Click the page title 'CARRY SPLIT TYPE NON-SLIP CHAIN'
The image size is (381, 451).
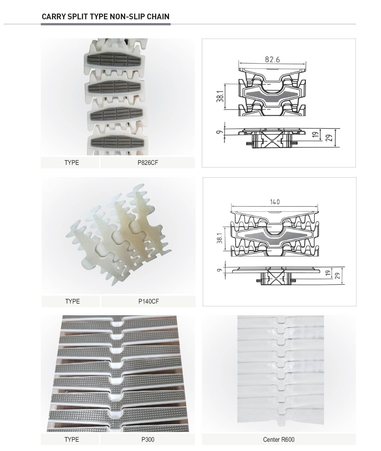click(106, 17)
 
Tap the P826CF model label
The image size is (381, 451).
click(148, 163)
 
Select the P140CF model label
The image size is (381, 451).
click(149, 301)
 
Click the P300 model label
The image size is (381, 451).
click(148, 440)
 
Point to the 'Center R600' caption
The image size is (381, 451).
click(279, 440)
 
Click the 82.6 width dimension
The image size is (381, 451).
click(272, 59)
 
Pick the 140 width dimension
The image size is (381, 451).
click(275, 202)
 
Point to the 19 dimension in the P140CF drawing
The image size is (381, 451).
click(328, 273)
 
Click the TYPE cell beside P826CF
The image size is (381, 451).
click(72, 163)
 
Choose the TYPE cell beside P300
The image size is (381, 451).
click(72, 440)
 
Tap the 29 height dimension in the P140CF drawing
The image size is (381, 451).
click(337, 276)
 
